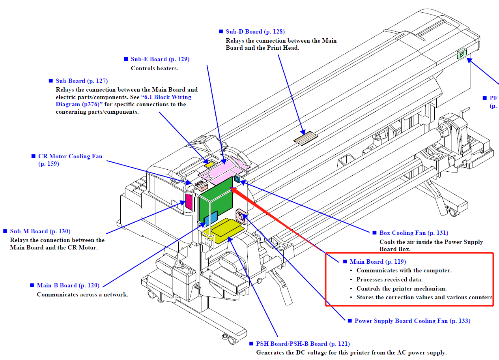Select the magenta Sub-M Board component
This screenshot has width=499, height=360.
189,202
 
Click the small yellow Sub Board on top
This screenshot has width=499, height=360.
209,162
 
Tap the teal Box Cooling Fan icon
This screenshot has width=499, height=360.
237,180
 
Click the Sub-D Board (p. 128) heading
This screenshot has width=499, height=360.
255,32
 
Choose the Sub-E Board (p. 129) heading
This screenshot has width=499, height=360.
160,59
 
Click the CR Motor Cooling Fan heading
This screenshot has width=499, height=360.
70,156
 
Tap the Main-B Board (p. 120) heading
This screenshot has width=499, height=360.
68,285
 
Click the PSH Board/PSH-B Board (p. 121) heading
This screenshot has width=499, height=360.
303,344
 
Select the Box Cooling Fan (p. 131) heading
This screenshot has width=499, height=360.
413,233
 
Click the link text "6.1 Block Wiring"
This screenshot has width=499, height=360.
168,97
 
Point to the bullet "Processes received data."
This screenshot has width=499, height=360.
389,279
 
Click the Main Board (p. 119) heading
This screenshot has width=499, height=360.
378,262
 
